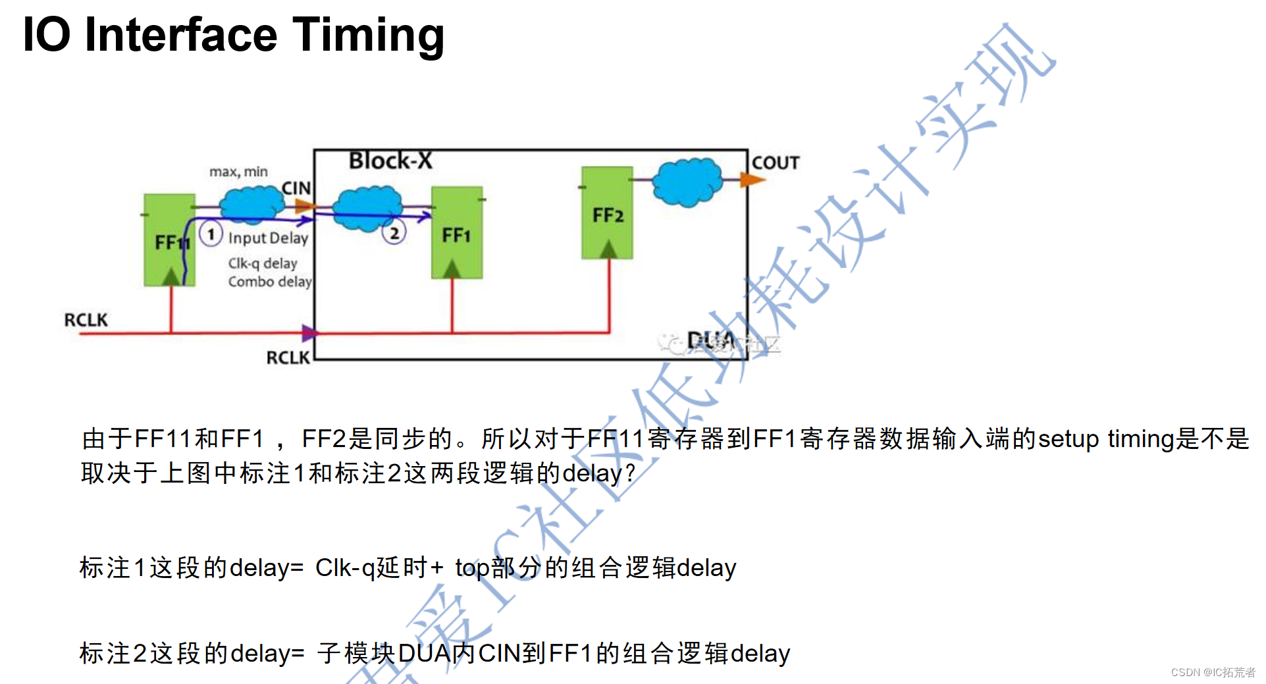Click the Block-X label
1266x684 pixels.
390,161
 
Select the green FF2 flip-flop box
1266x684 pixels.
607,213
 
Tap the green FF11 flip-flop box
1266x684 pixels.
169,240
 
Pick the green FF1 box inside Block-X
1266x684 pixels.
457,233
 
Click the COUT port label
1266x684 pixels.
776,163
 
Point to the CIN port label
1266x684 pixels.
296,188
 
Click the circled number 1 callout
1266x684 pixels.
211,234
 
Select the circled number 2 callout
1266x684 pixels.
394,232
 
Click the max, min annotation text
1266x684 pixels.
238,172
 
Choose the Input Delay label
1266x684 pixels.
268,238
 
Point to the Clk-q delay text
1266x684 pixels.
263,263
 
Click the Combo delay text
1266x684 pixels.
270,282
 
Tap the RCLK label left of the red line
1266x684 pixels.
86,320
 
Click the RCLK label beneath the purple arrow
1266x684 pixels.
288,357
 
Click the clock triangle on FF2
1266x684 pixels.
608,250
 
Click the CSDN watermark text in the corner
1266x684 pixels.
1213,672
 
